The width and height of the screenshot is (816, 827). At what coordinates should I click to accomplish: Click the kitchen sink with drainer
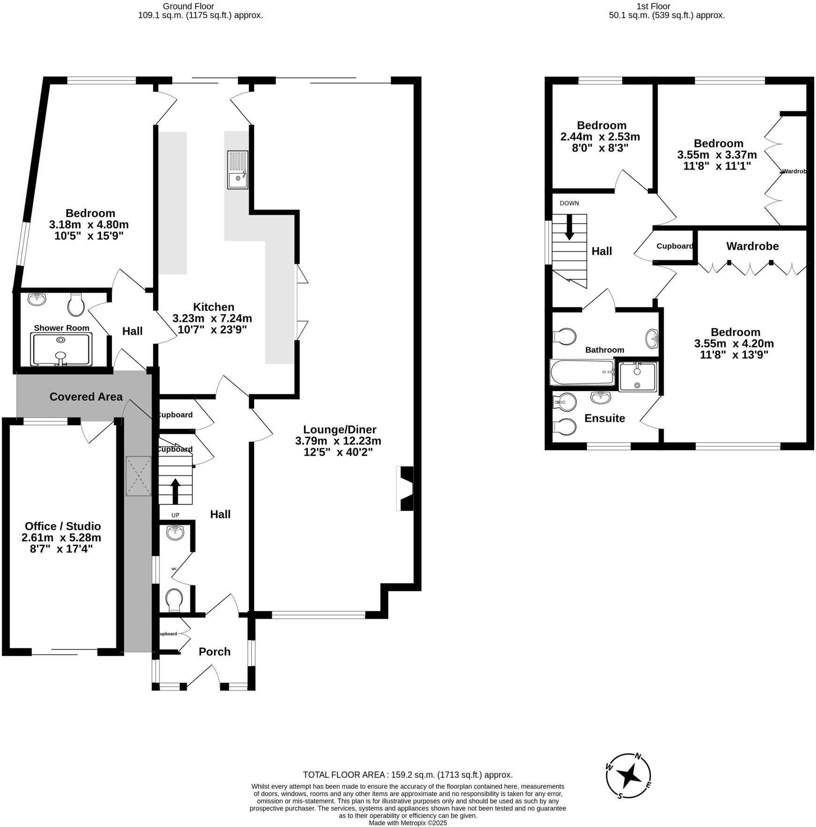click(x=238, y=169)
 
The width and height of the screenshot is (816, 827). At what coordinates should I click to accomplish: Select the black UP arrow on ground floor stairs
click(x=175, y=491)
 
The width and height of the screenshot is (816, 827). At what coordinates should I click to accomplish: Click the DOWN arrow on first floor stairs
click(x=569, y=227)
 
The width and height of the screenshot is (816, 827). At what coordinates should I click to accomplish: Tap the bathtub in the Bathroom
click(x=582, y=372)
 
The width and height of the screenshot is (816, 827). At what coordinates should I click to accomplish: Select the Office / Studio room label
click(x=63, y=526)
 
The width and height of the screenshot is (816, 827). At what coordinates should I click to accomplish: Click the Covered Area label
click(x=86, y=397)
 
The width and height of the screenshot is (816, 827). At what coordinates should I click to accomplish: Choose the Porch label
click(x=214, y=652)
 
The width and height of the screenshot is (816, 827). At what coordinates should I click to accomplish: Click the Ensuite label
click(x=605, y=418)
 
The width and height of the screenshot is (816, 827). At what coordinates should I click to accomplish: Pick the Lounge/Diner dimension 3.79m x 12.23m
click(x=338, y=441)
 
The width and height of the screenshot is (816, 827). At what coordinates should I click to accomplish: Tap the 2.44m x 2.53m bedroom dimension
click(x=600, y=137)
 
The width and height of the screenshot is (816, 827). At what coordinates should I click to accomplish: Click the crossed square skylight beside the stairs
click(x=138, y=476)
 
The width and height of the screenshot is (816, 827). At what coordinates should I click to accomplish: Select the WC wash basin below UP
click(x=175, y=532)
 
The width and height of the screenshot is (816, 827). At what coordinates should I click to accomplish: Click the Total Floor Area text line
click(x=408, y=775)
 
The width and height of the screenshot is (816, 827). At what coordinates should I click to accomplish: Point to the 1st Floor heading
click(x=666, y=7)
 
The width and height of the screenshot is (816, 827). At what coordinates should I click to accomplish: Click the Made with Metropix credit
click(x=408, y=823)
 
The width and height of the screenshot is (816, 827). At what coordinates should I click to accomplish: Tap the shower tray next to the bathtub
click(x=638, y=377)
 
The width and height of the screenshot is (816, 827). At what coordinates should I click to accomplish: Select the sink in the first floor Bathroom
click(x=652, y=339)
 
